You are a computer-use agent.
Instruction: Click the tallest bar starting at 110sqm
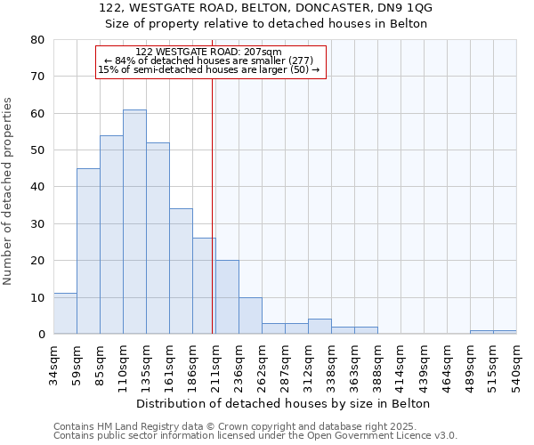click(x=134, y=222)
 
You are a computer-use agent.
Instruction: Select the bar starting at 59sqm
click(x=88, y=251)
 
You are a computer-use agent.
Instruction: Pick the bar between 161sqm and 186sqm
click(x=181, y=271)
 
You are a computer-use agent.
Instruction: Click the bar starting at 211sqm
click(x=227, y=297)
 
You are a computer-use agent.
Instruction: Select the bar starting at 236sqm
click(x=250, y=315)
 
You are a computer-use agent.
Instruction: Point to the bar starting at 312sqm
click(x=320, y=327)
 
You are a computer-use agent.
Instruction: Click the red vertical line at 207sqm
click(x=212, y=205)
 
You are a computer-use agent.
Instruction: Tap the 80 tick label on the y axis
click(x=37, y=40)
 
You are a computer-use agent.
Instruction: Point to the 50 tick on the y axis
click(x=37, y=150)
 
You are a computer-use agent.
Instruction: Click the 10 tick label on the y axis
click(x=37, y=297)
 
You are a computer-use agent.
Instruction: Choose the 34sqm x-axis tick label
click(x=54, y=363)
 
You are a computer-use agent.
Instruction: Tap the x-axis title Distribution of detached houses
click(x=285, y=403)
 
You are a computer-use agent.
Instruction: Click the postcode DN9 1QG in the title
click(x=403, y=8)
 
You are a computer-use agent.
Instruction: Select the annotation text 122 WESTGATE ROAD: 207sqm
click(x=209, y=52)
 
